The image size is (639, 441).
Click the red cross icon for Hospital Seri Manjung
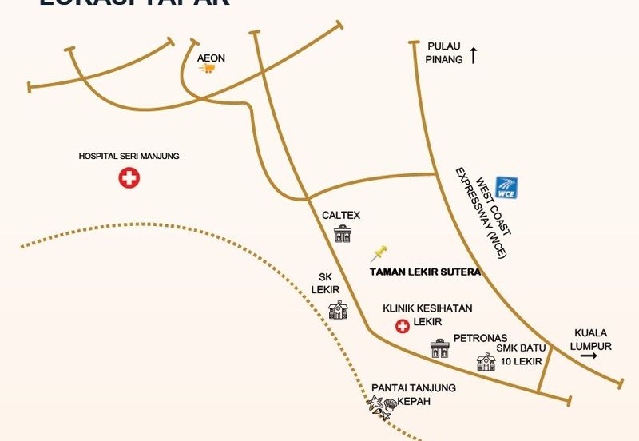click(x=129, y=178)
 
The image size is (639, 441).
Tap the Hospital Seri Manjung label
click(x=129, y=157)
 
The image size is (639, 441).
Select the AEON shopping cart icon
click(x=208, y=69)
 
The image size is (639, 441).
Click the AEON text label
click(x=212, y=58)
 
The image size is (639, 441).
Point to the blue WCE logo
click(x=506, y=187)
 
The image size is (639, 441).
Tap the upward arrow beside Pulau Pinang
click(x=474, y=55)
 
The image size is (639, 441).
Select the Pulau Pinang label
click(x=444, y=53)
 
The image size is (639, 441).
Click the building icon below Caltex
click(x=342, y=234)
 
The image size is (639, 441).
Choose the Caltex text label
click(x=341, y=216)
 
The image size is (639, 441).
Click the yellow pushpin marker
click(x=379, y=254)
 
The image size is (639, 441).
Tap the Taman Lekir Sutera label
click(x=425, y=272)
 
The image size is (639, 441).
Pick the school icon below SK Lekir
click(x=338, y=310)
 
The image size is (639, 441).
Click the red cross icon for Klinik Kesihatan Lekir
click(x=403, y=325)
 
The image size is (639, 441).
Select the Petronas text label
click(x=480, y=338)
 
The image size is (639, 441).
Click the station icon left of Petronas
click(x=439, y=348)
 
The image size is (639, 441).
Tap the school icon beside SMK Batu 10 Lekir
click(x=486, y=362)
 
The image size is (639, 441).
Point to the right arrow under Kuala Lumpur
click(x=589, y=356)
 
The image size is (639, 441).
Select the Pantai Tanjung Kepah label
click(x=414, y=395)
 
